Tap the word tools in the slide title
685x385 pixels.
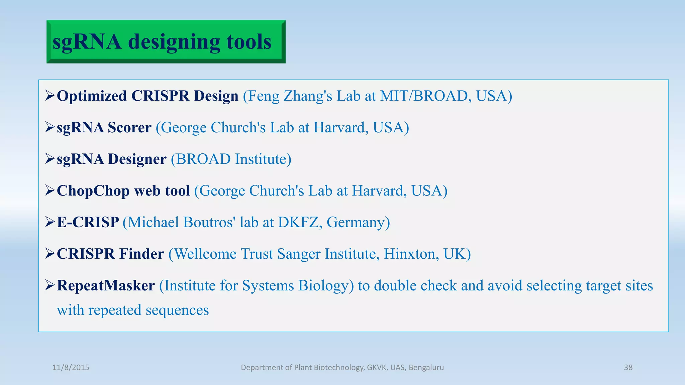(249, 42)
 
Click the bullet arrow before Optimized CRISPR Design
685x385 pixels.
(50, 96)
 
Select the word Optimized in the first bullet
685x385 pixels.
(92, 96)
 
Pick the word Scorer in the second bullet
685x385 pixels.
(129, 128)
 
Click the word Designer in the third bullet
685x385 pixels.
(137, 159)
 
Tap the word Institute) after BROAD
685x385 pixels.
(263, 159)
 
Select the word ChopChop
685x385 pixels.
(93, 191)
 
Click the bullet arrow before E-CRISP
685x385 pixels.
(50, 222)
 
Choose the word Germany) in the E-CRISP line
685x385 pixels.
(358, 223)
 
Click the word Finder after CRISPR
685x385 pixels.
(141, 254)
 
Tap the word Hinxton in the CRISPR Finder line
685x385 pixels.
(411, 254)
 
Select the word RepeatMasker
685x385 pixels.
(106, 286)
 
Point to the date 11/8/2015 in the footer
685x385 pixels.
(71, 368)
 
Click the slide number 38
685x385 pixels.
(628, 368)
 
